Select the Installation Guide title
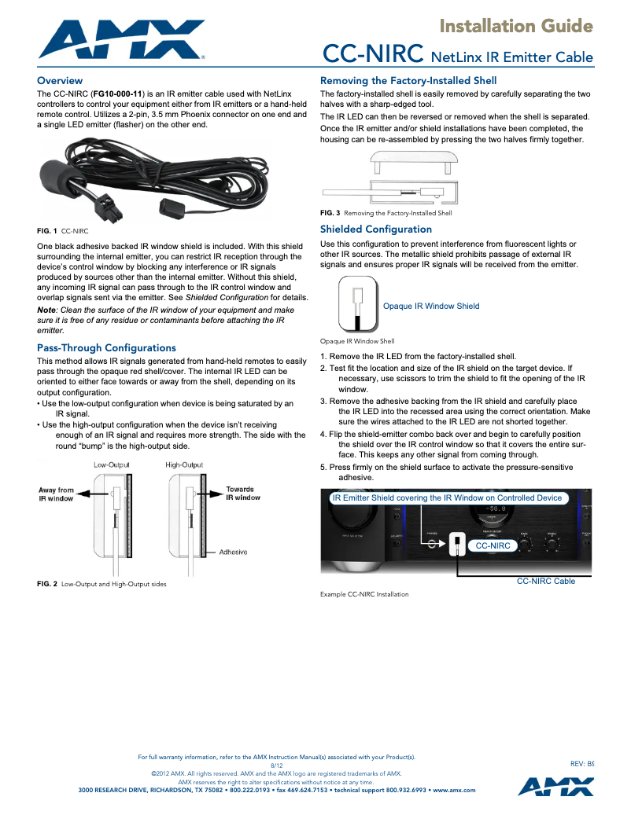pyautogui.click(x=515, y=27)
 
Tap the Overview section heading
pyautogui.click(x=60, y=81)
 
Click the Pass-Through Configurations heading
pyautogui.click(x=106, y=347)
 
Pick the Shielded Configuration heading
pyautogui.click(x=375, y=229)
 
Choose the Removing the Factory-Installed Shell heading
pyautogui.click(x=408, y=81)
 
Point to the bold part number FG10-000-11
pyautogui.click(x=117, y=94)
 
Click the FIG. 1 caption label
pyautogui.click(x=47, y=231)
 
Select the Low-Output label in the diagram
pyautogui.click(x=112, y=465)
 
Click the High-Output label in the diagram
pyautogui.click(x=184, y=465)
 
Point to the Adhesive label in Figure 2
pyautogui.click(x=233, y=552)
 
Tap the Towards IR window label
pyautogui.click(x=243, y=494)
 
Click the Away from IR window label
pyautogui.click(x=56, y=494)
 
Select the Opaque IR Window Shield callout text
pyautogui.click(x=430, y=306)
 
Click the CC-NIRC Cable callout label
pyautogui.click(x=545, y=581)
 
